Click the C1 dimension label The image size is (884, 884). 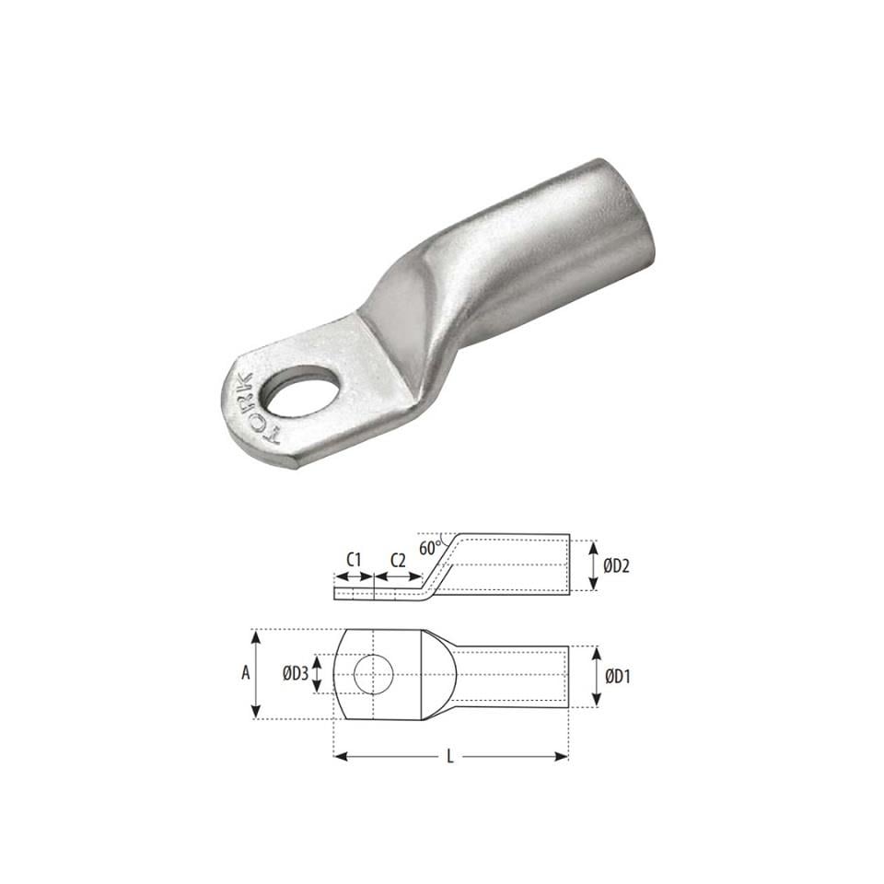352,560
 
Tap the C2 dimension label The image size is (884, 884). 398,560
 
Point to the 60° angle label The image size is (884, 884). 429,547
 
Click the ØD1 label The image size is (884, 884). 616,676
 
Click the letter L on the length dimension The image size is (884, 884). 449,757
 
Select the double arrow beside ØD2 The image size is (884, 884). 592,564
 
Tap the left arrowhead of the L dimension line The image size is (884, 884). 338,757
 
